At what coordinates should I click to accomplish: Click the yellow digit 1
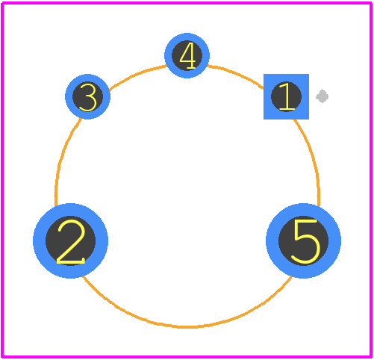click(287, 96)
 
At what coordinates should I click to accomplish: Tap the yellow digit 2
click(71, 241)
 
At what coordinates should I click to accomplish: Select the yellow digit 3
click(88, 97)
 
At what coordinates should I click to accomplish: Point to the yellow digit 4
click(187, 55)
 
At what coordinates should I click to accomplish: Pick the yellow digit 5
click(305, 241)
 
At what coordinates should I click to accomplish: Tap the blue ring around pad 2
click(40, 240)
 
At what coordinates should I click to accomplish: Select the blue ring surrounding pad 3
click(69, 96)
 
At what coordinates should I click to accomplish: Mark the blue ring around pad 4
click(168, 55)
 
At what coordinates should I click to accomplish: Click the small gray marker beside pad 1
click(322, 96)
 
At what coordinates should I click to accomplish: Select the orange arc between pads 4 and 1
click(237, 75)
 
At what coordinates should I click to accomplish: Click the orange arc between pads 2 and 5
click(187, 326)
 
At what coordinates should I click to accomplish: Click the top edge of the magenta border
click(187, 3)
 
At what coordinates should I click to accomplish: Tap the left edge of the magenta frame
click(2, 180)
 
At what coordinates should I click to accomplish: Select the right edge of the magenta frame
click(371, 180)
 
